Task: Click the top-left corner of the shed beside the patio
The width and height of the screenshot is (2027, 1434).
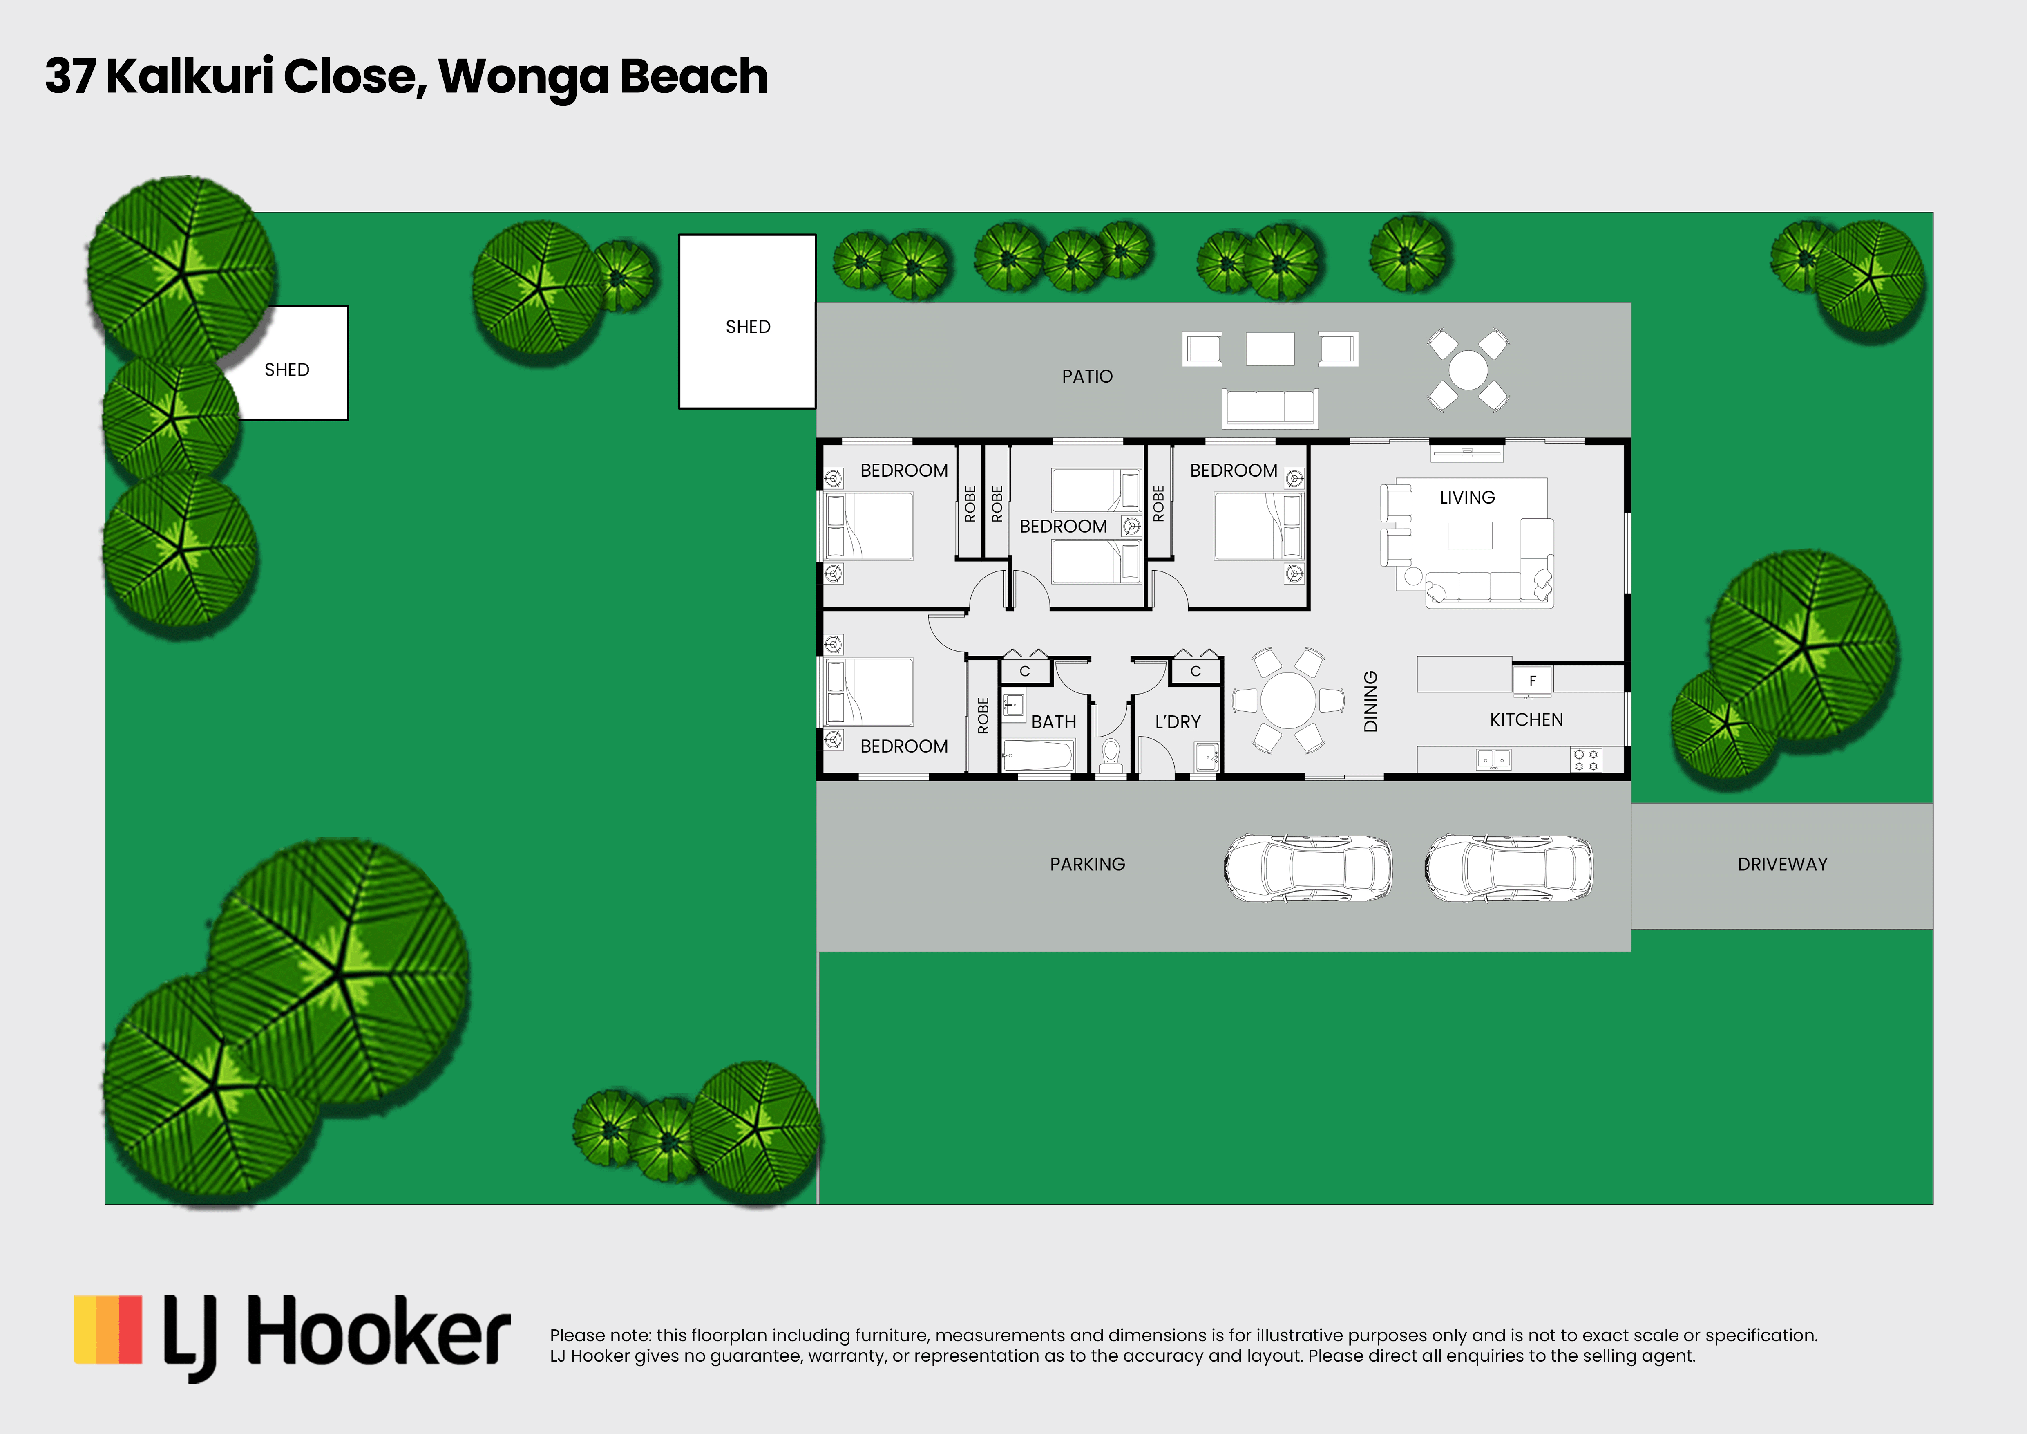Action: (x=679, y=235)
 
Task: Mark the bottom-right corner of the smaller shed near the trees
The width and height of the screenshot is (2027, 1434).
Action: (x=348, y=419)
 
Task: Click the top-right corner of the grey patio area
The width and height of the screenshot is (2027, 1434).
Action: (x=1631, y=303)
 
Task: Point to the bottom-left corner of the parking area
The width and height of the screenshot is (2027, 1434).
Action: (x=817, y=951)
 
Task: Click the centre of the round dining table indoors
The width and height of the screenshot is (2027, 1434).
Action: (x=1288, y=700)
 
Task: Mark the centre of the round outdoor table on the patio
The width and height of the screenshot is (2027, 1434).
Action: (x=1468, y=370)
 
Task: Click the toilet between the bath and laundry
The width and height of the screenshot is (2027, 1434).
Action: (x=1111, y=757)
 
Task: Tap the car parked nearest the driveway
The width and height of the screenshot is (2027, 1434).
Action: (x=1509, y=868)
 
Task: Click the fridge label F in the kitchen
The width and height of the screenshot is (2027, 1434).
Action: (x=1533, y=681)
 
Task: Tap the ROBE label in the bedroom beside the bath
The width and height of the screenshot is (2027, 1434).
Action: (x=983, y=715)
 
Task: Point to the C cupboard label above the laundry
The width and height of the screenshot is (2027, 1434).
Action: (x=1196, y=671)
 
